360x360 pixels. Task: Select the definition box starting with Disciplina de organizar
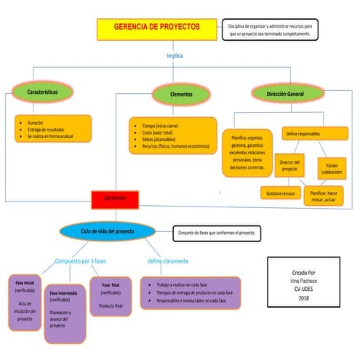269,30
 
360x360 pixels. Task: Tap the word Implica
175,56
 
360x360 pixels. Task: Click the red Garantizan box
115,198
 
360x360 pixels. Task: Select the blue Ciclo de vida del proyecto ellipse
108,231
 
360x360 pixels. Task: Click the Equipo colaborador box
332,169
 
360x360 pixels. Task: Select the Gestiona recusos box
279,193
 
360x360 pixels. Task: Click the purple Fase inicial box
25,299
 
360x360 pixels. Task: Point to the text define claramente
168,260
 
